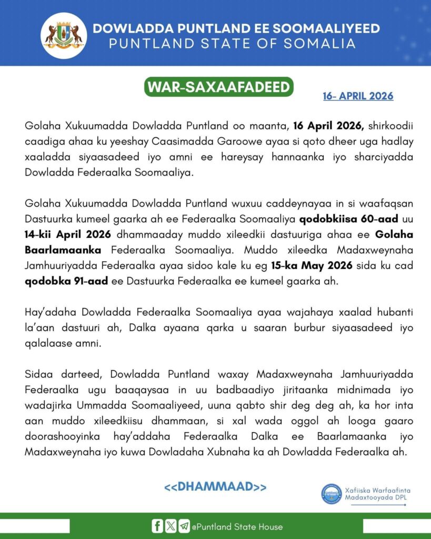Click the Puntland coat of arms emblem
[x=64, y=35]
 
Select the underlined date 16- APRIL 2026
[x=358, y=96]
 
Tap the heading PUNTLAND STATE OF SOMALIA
[x=232, y=44]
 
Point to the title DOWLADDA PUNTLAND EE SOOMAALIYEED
[x=236, y=28]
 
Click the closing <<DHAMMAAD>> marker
[x=215, y=486]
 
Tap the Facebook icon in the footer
[x=157, y=526]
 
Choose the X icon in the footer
[x=171, y=526]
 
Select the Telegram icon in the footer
[x=184, y=526]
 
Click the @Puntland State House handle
[x=237, y=526]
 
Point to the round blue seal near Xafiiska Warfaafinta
[x=333, y=494]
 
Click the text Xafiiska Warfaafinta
[x=377, y=490]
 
